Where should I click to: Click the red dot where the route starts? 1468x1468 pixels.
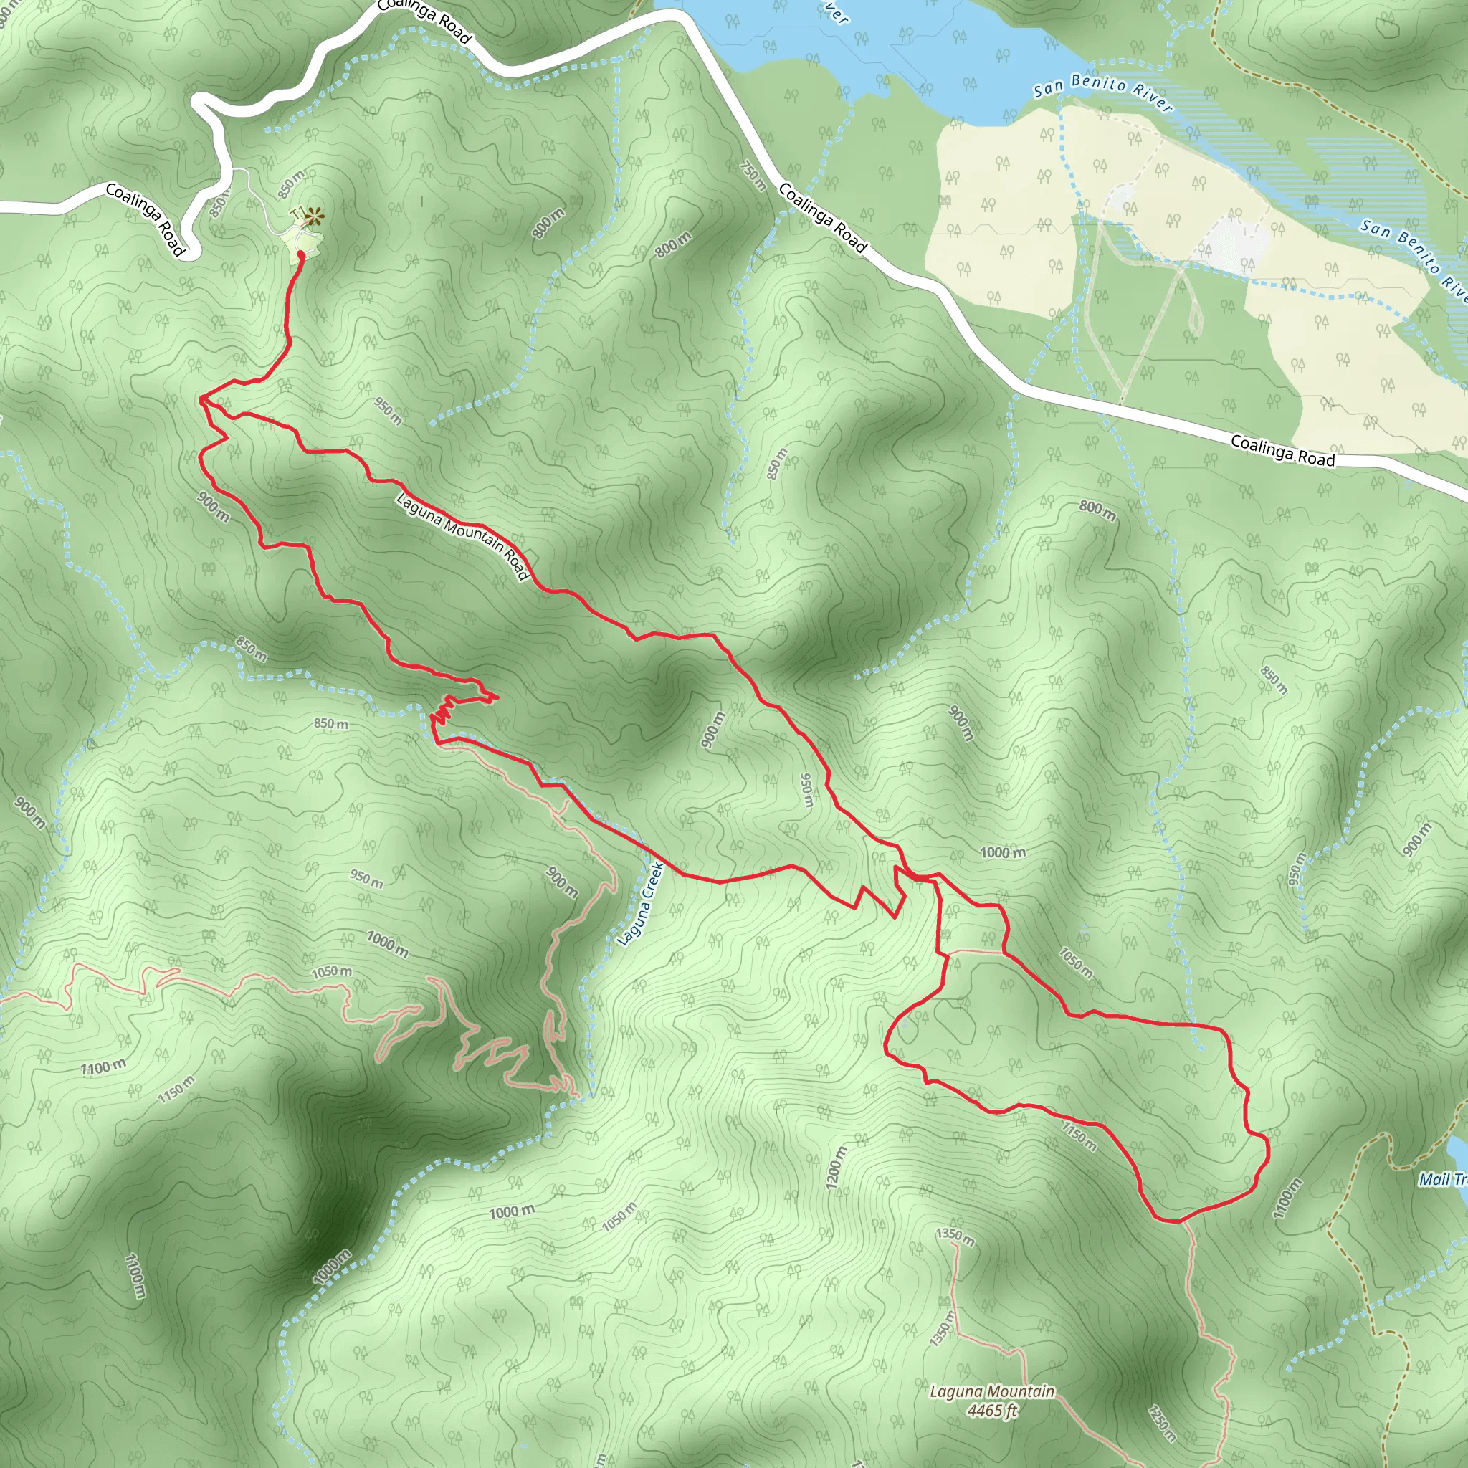(300, 254)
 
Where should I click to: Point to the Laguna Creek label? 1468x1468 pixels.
(641, 903)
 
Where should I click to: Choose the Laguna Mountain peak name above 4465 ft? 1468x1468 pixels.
(991, 1391)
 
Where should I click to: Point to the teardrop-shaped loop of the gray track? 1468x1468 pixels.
(1194, 319)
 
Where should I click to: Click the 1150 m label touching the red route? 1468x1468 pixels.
(1079, 1136)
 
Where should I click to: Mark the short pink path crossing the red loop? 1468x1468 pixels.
(974, 950)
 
